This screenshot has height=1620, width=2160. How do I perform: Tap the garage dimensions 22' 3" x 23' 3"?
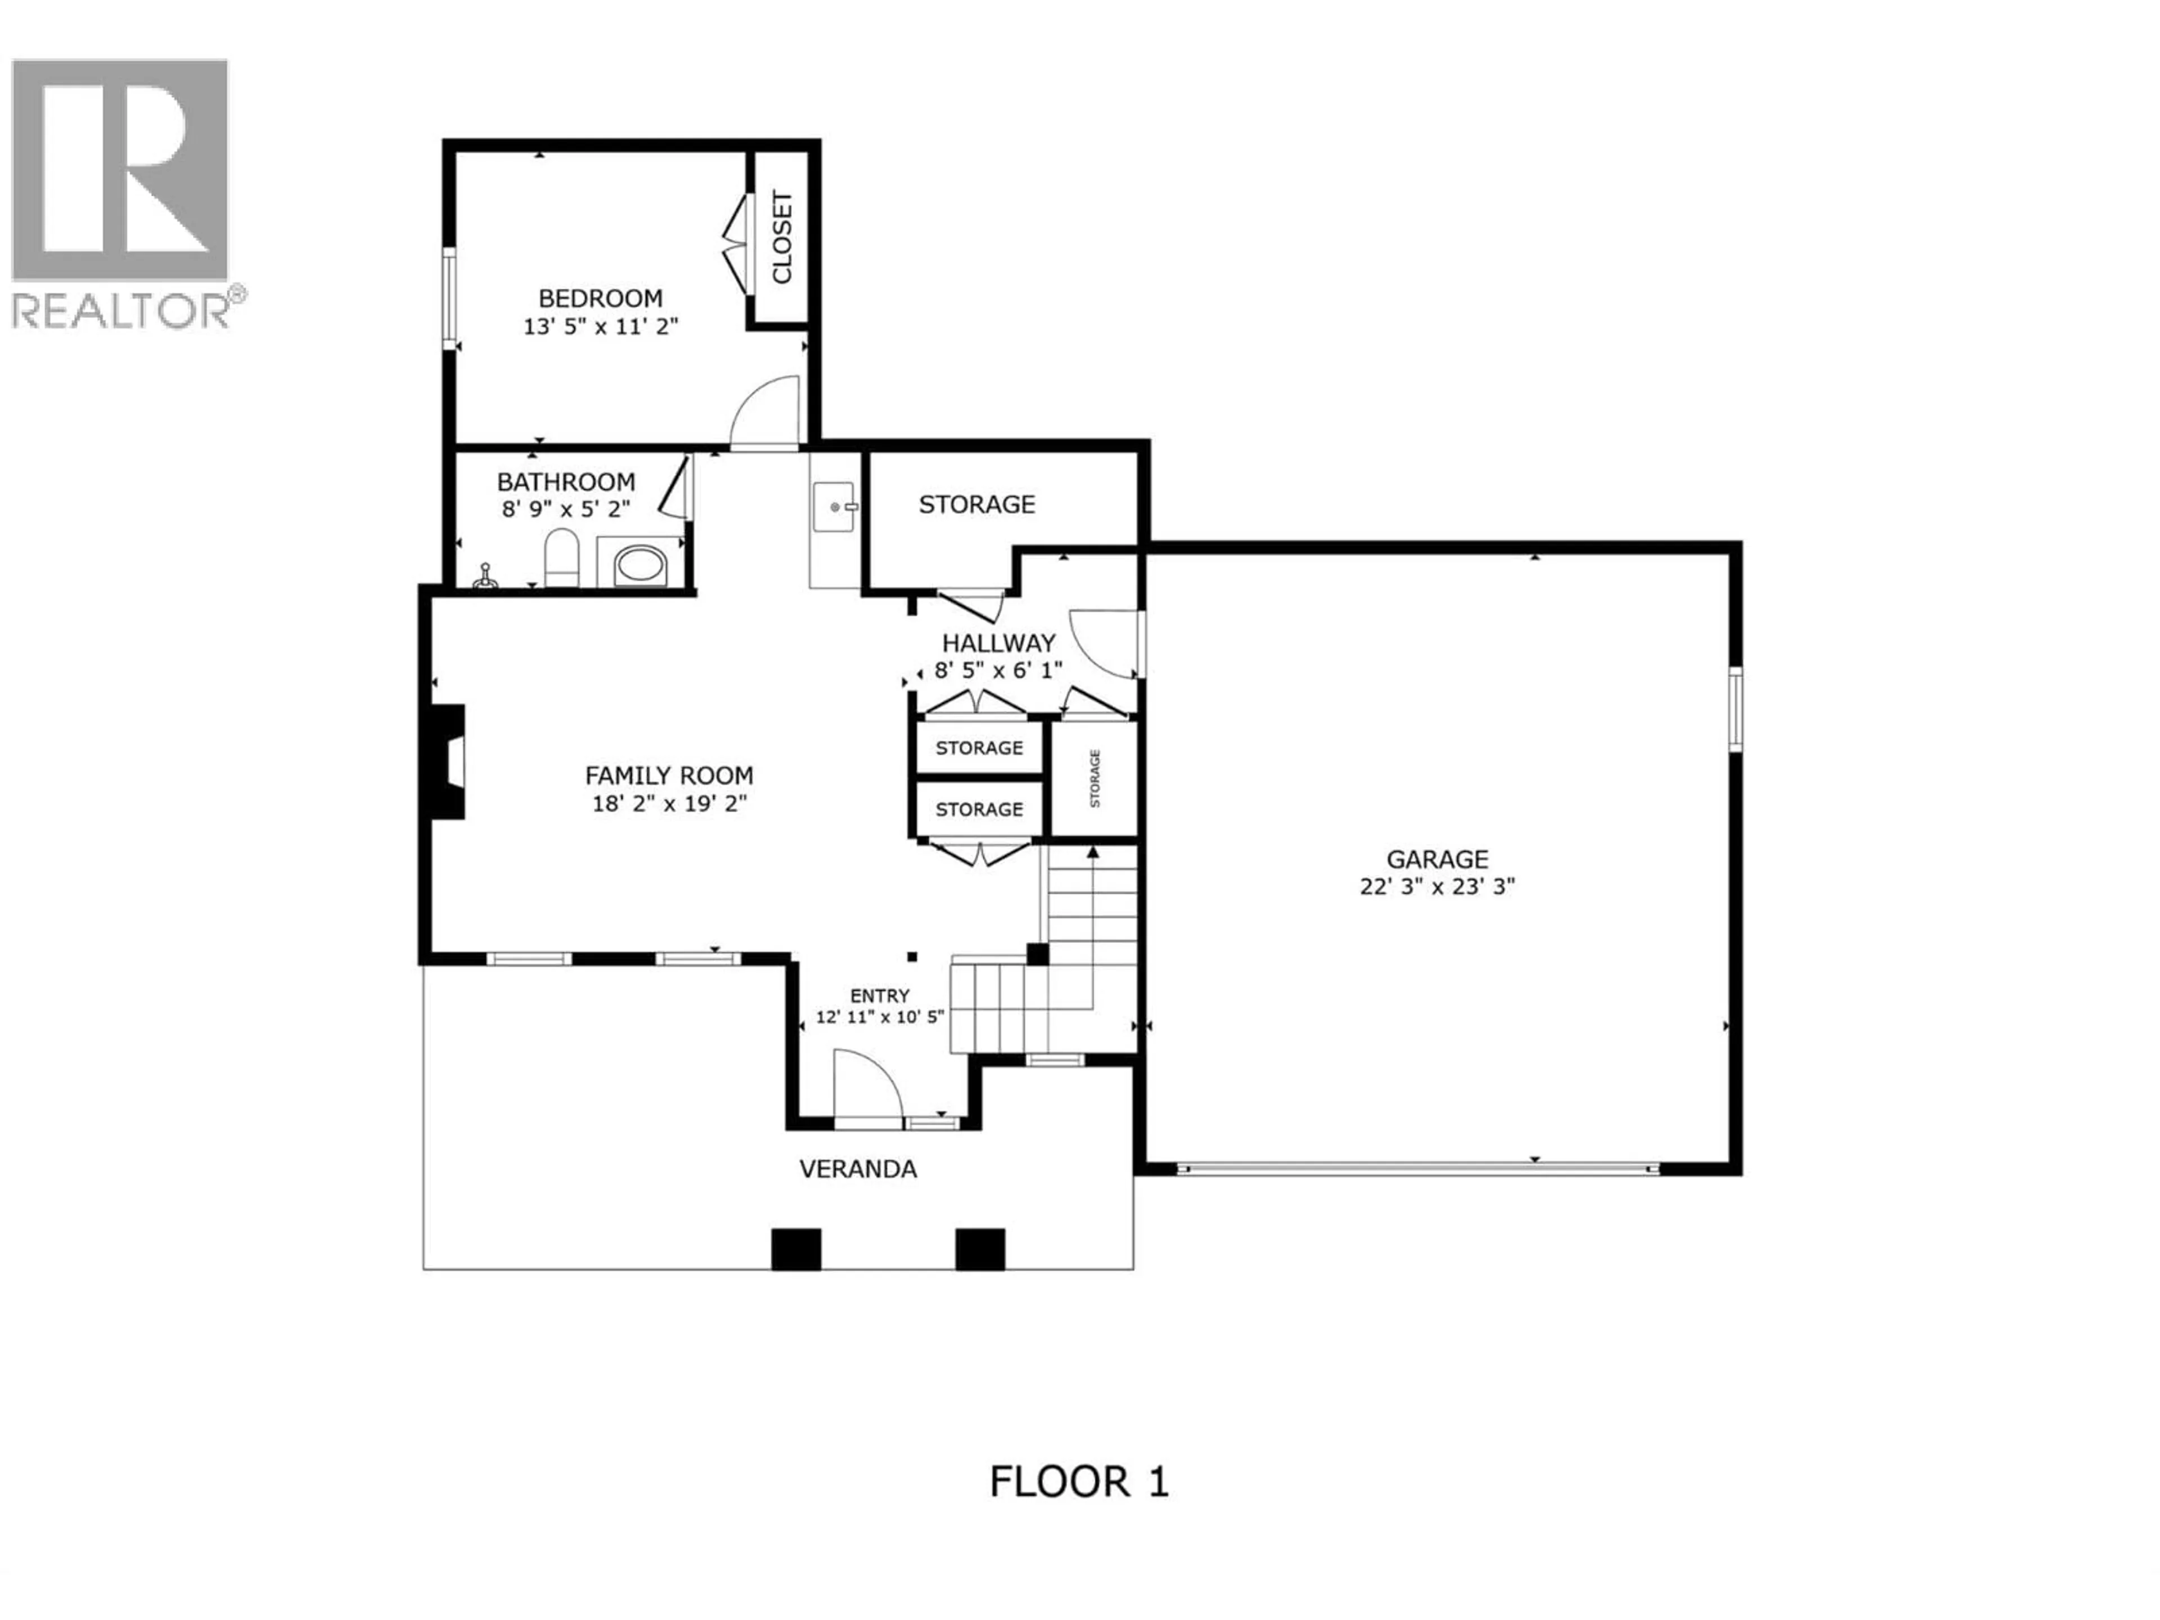tap(1437, 886)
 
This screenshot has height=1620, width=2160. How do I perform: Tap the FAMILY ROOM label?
tap(669, 775)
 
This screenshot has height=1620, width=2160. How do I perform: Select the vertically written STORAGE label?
tap(1095, 778)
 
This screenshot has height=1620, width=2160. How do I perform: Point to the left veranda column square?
tap(796, 1249)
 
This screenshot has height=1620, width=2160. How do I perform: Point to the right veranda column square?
tap(979, 1249)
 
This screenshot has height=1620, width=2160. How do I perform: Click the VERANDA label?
tap(857, 1169)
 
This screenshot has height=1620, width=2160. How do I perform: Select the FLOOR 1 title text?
tap(1078, 1481)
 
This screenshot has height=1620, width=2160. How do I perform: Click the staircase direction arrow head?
tap(1093, 853)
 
